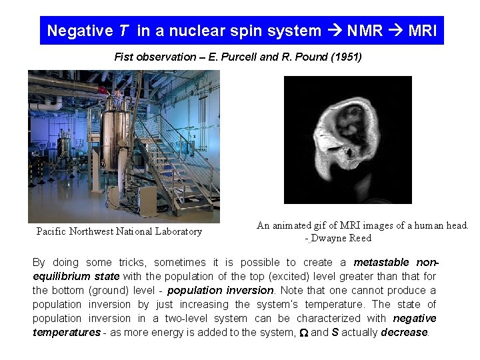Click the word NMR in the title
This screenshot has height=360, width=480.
365,31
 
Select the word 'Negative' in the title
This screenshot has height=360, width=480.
80,31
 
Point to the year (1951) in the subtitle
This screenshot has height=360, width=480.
345,57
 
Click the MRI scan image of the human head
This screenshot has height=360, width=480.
347,139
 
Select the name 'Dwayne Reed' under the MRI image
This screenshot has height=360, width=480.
343,238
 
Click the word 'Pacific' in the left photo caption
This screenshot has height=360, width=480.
52,231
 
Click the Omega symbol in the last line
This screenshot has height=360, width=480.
303,332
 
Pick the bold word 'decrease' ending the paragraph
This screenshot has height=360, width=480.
404,332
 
